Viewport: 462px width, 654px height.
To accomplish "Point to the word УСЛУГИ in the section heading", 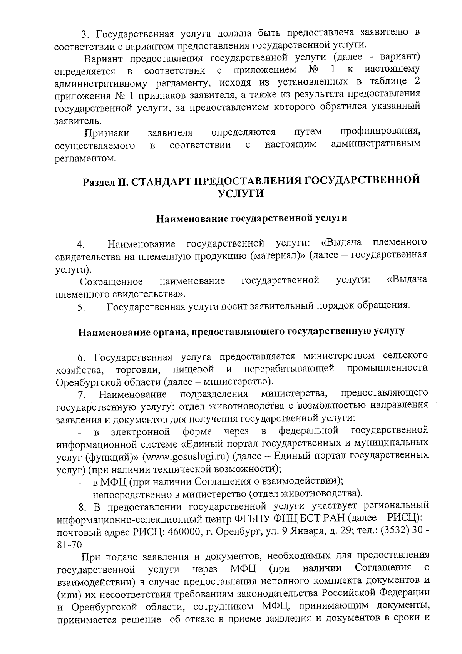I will click(241, 194).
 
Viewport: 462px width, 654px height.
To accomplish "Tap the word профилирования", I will click(380, 132).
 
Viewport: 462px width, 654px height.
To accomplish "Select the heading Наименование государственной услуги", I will click(251, 219).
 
